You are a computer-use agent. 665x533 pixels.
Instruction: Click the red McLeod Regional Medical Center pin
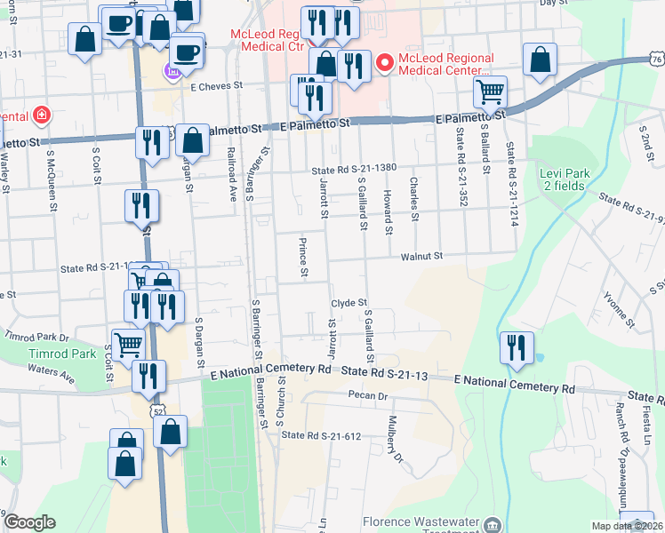coord(385,63)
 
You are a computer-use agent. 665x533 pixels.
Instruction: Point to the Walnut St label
coord(421,256)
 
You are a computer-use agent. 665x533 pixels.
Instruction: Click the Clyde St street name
coord(349,303)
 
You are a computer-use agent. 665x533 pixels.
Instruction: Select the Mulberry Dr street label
coord(396,442)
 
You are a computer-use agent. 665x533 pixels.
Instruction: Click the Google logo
coord(29,522)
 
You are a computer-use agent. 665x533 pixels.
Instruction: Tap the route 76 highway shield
coord(656,59)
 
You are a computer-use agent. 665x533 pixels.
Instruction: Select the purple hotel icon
coord(172,69)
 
